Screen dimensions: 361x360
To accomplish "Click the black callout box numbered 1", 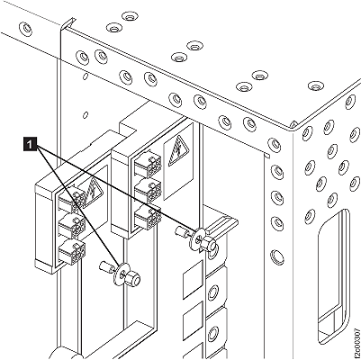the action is (x=30, y=144).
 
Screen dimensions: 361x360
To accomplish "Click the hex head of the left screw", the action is (x=134, y=279).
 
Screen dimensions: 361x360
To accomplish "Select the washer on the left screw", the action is (x=121, y=274).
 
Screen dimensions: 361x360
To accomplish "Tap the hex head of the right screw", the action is (x=211, y=244).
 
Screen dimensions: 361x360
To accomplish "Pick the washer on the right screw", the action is (x=197, y=239).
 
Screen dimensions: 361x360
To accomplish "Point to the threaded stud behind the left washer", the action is (x=105, y=266).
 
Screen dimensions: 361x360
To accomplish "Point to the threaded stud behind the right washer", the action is (x=182, y=232).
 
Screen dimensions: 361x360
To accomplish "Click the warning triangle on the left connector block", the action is (x=93, y=192).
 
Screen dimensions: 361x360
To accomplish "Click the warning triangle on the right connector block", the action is (x=178, y=150).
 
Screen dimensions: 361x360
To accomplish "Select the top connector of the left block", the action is (x=71, y=201).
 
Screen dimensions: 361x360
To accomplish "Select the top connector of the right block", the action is (x=148, y=164).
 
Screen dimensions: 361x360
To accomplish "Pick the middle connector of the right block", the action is (x=149, y=190).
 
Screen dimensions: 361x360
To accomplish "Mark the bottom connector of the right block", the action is (x=149, y=215).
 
